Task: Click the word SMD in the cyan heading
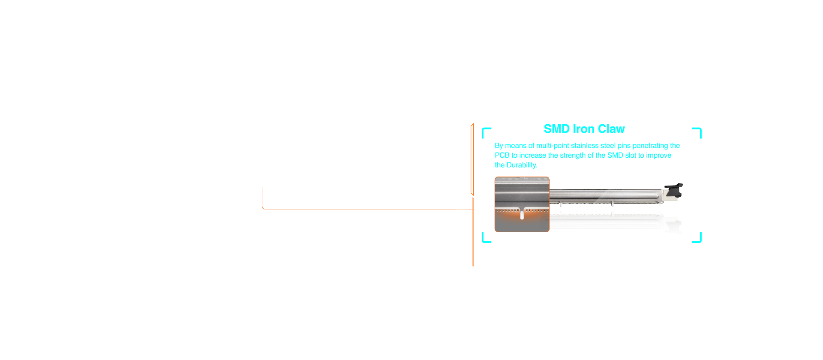[557, 129]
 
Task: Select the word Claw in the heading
[611, 129]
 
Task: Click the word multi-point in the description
[553, 146]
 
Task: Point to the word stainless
[585, 146]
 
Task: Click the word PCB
[502, 155]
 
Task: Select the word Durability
[522, 165]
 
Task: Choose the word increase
[532, 155]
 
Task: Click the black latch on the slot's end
[674, 190]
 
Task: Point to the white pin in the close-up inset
[522, 214]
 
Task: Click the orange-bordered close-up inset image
[522, 204]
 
